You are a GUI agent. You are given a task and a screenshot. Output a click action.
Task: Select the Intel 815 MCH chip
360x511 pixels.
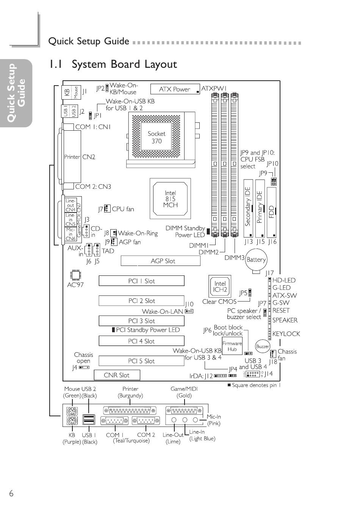click(x=170, y=199)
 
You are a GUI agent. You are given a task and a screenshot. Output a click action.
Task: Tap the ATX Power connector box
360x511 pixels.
click(x=175, y=89)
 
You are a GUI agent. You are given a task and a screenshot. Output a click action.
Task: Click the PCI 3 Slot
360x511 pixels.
click(x=141, y=321)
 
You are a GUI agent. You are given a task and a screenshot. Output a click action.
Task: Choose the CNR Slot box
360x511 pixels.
click(x=117, y=375)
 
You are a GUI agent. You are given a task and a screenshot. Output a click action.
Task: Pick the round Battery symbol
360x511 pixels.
click(x=256, y=260)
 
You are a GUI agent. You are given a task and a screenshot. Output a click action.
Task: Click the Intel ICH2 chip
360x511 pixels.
click(x=220, y=286)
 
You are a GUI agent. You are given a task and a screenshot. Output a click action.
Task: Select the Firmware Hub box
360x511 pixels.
click(x=232, y=346)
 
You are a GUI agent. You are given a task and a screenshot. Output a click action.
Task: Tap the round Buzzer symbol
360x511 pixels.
click(x=263, y=346)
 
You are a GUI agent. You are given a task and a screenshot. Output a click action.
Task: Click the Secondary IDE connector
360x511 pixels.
click(x=248, y=207)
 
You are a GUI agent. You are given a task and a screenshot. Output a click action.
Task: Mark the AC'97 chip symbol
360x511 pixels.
click(x=75, y=275)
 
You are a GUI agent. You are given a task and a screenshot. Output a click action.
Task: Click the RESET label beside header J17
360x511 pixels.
click(x=281, y=310)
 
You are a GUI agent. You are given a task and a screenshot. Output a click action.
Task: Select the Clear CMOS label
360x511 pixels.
click(x=219, y=302)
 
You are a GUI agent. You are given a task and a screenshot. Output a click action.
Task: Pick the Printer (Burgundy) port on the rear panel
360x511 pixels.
click(x=130, y=411)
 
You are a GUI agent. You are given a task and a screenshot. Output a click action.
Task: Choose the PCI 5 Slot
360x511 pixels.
click(x=141, y=361)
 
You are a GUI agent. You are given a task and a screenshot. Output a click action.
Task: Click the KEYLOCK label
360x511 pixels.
click(x=286, y=334)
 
